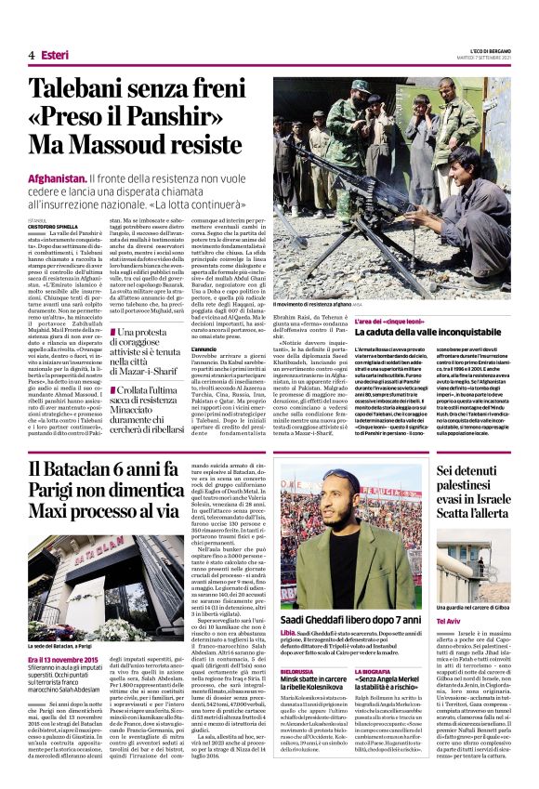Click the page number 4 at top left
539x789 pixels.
tap(32, 55)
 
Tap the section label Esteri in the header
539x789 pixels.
tap(55, 55)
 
